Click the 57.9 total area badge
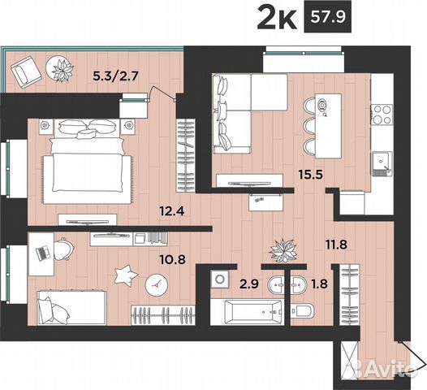pyautogui.click(x=328, y=17)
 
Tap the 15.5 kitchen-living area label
pyautogui.click(x=311, y=174)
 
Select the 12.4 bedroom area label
pyautogui.click(x=172, y=211)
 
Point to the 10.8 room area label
pyautogui.click(x=173, y=259)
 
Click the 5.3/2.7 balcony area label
pyautogui.click(x=116, y=76)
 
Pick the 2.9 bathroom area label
pyautogui.click(x=249, y=284)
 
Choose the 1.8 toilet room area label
pyautogui.click(x=320, y=284)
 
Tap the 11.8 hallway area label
pyautogui.click(x=336, y=245)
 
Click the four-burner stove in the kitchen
pyautogui.click(x=382, y=115)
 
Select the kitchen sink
pyautogui.click(x=382, y=163)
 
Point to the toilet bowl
pyautogui.click(x=302, y=311)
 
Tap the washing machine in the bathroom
pyautogui.click(x=220, y=279)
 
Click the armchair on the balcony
pyautogui.click(x=26, y=72)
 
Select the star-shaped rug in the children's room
pyautogui.click(x=125, y=275)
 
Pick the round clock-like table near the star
pyautogui.click(x=157, y=285)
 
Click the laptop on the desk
pyautogui.click(x=43, y=253)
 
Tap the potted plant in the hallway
pyautogui.click(x=283, y=250)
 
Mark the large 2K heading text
pyautogui.click(x=276, y=19)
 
